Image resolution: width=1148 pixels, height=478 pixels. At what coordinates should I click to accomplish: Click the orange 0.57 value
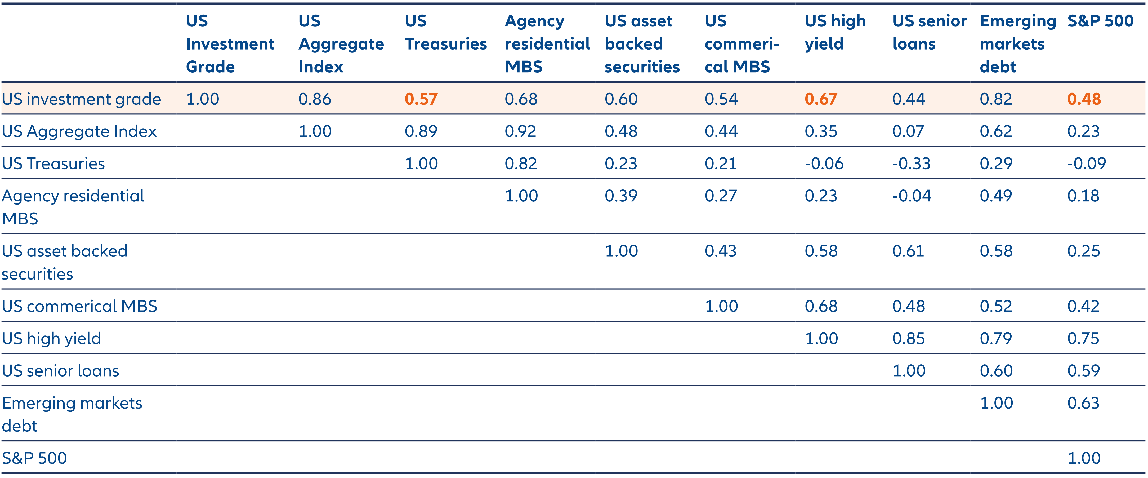coord(421,99)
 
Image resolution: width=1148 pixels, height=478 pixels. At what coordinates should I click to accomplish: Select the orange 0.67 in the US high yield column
coord(821,99)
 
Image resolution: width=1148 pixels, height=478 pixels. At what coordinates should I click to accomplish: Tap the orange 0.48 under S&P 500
coord(1084,99)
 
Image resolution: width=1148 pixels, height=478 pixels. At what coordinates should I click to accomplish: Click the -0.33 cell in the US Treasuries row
coord(911,164)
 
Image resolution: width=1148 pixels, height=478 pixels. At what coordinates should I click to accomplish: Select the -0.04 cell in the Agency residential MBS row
coord(911,196)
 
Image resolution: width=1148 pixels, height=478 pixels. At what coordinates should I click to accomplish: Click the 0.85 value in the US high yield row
coord(908,338)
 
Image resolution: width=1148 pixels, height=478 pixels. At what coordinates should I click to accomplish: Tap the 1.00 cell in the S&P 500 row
coord(1084,458)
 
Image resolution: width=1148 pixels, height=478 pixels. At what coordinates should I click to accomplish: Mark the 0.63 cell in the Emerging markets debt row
coord(1083,403)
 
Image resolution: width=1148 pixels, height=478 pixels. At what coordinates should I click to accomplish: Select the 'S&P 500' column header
coord(1100,21)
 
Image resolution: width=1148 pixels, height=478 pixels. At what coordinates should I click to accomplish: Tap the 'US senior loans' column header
coord(929,33)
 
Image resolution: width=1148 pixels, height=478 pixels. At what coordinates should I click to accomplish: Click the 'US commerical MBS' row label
coord(79,306)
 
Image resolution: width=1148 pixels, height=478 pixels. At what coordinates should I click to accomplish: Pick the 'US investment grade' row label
coord(81,99)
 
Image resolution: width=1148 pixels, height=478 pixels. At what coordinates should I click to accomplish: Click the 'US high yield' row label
coord(51,338)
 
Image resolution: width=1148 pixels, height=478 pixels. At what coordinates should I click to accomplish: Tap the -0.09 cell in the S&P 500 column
coord(1086,164)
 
